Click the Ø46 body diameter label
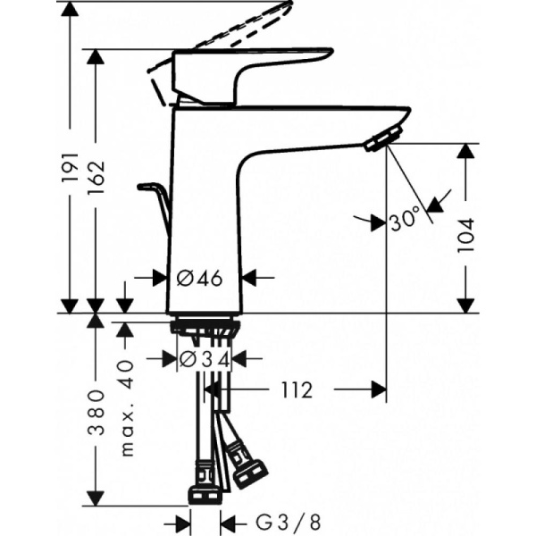coord(198,278)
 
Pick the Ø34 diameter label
coord(205,359)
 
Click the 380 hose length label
coord(97,412)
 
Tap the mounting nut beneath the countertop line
coord(205,328)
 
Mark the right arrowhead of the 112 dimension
coord(379,389)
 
